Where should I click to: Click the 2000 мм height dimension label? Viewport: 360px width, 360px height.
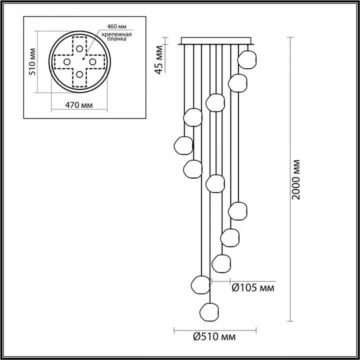pos(296,180)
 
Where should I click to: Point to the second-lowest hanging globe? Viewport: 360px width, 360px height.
pos(200,285)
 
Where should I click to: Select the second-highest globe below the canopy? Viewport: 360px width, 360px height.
pos(238,81)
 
